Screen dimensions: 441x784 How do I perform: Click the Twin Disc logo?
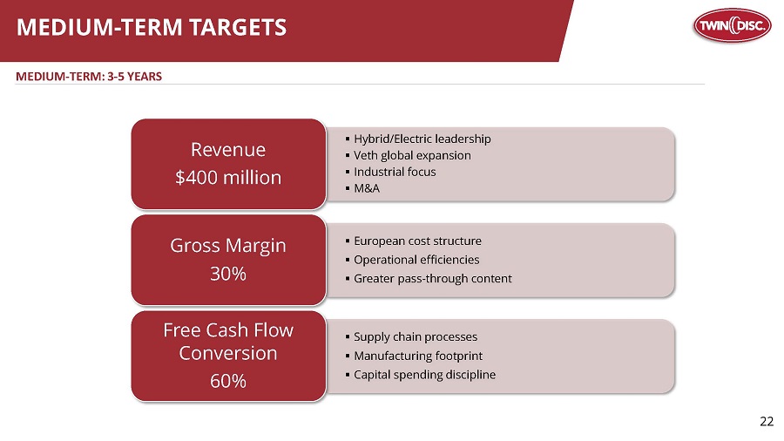pos(732,28)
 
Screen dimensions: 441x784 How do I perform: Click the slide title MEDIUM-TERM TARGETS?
pos(152,28)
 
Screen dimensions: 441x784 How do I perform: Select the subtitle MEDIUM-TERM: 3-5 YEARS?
pos(89,76)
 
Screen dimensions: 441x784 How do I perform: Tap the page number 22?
pos(766,422)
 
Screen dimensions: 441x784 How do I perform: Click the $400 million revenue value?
pos(228,178)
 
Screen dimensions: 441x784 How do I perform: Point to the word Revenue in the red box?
pos(228,148)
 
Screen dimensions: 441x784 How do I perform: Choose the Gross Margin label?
pos(228,245)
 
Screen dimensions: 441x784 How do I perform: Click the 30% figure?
pos(228,274)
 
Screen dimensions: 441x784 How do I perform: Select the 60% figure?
pos(228,381)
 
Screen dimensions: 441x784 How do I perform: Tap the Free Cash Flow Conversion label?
pos(228,342)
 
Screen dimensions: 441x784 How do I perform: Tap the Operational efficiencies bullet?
pos(416,260)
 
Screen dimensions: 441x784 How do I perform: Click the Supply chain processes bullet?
pos(415,336)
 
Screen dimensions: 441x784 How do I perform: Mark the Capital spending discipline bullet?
pos(424,375)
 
